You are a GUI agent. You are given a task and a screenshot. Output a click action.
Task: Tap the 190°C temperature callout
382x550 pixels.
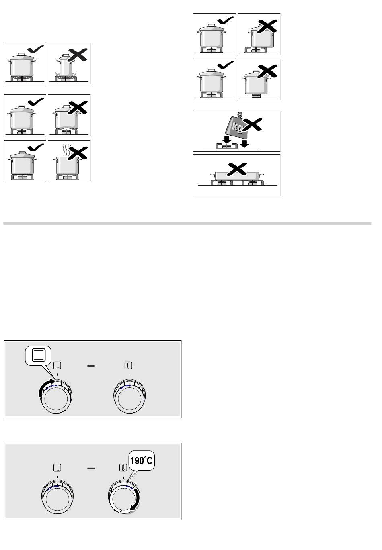tap(142, 461)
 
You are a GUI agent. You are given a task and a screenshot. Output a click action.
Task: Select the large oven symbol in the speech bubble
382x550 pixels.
tap(39, 355)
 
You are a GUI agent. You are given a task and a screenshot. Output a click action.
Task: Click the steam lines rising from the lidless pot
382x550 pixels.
tap(67, 149)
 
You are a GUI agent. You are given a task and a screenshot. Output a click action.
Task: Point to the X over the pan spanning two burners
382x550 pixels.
tap(236, 169)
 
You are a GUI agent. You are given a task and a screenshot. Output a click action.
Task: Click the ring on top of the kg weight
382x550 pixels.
tap(240, 114)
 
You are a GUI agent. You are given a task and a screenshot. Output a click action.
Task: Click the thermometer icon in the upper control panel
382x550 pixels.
tap(128, 365)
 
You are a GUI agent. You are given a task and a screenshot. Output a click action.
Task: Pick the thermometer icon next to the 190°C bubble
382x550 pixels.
tap(123, 468)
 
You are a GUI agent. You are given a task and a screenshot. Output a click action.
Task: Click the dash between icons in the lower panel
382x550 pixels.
tap(91, 468)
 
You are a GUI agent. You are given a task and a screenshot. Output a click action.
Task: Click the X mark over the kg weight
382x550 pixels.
tap(253, 124)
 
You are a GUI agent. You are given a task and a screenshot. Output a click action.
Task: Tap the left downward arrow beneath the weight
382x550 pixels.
tap(226, 140)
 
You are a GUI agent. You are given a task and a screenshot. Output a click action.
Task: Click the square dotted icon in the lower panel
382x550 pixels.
tap(58, 468)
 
